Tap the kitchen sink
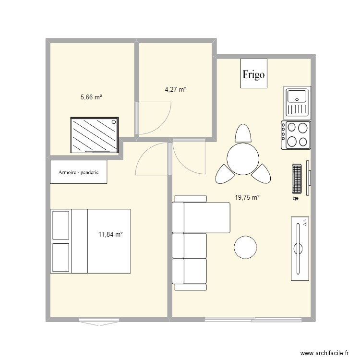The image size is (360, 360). tap(297, 103)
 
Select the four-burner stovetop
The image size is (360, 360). tap(296, 135)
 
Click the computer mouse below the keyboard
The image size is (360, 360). tap(296, 198)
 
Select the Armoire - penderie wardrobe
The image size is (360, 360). tap(79, 172)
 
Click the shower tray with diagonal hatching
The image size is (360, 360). tap(95, 135)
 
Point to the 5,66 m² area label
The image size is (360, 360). tap(91, 97)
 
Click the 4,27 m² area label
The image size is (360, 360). tap(175, 89)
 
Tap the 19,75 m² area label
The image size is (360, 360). tap(247, 197)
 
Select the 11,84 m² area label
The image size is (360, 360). tap(110, 234)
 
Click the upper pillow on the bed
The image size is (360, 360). tap(61, 225)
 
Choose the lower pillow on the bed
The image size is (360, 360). tap(61, 257)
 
